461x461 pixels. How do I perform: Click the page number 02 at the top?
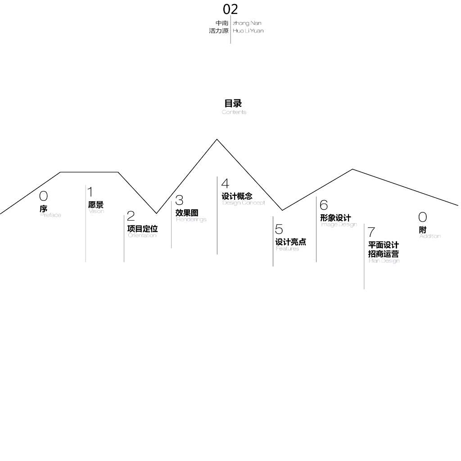(230, 9)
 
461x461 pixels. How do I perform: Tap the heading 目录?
(233, 104)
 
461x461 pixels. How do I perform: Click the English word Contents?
(234, 112)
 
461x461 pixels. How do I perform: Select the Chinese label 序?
(43, 209)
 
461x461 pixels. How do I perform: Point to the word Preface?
(50, 215)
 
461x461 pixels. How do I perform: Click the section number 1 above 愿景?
(90, 192)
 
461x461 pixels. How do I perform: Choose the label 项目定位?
(142, 229)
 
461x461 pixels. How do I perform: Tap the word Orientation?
(142, 235)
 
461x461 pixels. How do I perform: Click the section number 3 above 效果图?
(179, 200)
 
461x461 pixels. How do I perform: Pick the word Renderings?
(191, 220)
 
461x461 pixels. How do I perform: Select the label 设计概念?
(237, 196)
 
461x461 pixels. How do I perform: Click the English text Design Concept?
(244, 203)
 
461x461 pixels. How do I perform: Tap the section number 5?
(279, 229)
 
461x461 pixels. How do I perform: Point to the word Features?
(287, 249)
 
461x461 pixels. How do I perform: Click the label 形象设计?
(335, 218)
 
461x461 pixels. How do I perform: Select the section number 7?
(371, 232)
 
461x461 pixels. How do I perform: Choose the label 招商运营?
(383, 254)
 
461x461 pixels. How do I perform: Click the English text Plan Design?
(384, 261)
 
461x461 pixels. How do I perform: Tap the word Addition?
(430, 236)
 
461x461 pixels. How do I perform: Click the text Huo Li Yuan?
(248, 31)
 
